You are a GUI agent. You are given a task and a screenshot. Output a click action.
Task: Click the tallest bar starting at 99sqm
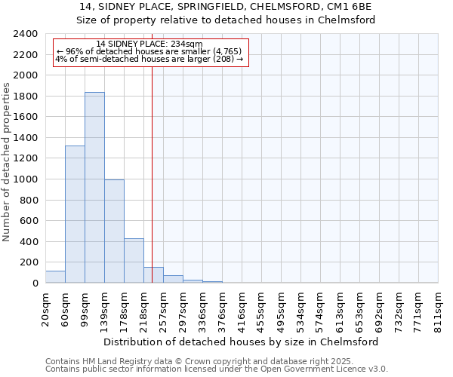pyautogui.click(x=94, y=188)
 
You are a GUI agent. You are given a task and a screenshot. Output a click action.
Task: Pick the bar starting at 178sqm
pyautogui.click(x=134, y=261)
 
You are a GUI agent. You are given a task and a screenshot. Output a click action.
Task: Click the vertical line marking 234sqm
pyautogui.click(x=152, y=166)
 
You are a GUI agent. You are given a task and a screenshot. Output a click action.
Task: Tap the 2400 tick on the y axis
pyautogui.click(x=26, y=34)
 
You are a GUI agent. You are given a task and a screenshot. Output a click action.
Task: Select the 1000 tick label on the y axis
pyautogui.click(x=26, y=179)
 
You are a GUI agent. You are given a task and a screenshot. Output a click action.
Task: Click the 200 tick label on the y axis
pyautogui.click(x=29, y=262)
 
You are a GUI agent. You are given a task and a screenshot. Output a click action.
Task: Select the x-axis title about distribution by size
pyautogui.click(x=241, y=342)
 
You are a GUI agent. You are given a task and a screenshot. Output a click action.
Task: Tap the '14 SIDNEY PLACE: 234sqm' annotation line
pyautogui.click(x=149, y=44)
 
